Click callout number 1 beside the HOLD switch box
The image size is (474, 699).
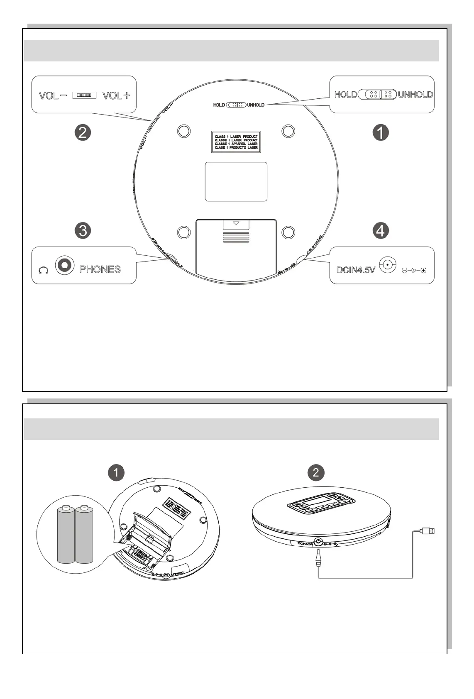click(x=381, y=133)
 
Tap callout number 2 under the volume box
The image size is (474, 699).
click(x=83, y=133)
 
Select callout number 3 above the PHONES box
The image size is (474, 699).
click(x=83, y=230)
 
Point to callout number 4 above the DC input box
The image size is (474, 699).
click(x=381, y=230)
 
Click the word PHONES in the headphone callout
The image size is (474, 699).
click(x=100, y=269)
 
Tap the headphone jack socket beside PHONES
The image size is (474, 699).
click(x=65, y=264)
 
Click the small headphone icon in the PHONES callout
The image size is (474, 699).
click(x=43, y=271)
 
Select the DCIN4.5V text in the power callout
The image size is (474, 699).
click(x=356, y=270)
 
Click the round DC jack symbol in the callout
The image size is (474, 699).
click(x=387, y=265)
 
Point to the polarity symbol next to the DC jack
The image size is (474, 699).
click(x=414, y=271)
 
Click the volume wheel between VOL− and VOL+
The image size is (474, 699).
click(x=84, y=95)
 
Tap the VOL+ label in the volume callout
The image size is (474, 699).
click(x=116, y=95)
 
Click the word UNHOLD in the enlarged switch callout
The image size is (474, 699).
click(x=415, y=95)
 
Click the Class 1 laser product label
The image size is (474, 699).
click(x=236, y=142)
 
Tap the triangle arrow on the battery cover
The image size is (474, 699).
click(x=236, y=223)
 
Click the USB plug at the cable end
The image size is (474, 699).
click(x=428, y=530)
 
